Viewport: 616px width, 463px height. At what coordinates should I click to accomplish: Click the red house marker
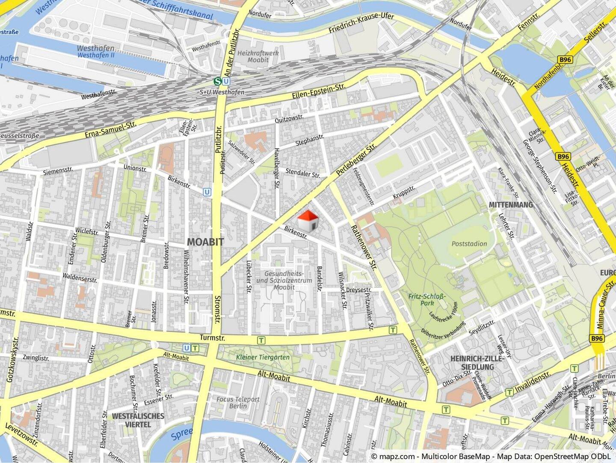(x=307, y=221)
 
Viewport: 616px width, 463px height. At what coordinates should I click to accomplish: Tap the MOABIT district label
(x=205, y=242)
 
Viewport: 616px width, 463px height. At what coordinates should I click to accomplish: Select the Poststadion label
(x=469, y=244)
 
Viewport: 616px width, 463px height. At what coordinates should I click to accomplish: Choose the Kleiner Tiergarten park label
(x=263, y=357)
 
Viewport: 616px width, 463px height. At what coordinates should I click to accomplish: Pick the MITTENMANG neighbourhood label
(x=511, y=205)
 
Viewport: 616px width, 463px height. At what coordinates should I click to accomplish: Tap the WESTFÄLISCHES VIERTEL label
(x=138, y=420)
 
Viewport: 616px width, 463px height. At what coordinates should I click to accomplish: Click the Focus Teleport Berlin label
(x=238, y=403)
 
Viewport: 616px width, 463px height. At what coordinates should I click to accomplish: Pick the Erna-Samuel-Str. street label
(x=110, y=130)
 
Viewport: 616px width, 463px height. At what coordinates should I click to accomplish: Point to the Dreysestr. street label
(x=358, y=290)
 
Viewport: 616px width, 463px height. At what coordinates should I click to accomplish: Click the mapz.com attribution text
(x=393, y=457)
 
